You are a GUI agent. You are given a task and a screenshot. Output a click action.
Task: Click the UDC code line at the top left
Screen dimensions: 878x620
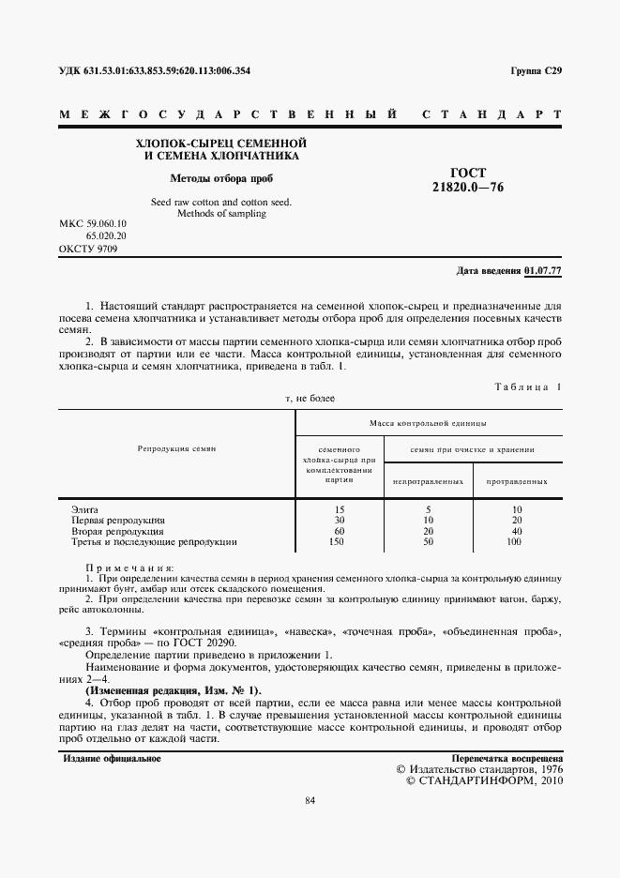154,71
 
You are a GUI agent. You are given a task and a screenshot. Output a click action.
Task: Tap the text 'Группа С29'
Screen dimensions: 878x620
536,71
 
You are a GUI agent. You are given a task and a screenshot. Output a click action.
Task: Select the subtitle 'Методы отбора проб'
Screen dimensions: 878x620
222,177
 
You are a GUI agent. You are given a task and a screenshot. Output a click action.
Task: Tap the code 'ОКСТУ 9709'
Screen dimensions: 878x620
87,249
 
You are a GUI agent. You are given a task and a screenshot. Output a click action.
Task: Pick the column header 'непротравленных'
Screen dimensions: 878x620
429,481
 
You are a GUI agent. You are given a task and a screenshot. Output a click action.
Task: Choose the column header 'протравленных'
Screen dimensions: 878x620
517,481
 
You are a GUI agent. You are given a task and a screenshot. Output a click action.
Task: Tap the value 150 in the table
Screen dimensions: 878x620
340,541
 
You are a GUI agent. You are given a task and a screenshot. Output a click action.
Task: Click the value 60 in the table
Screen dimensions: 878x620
340,531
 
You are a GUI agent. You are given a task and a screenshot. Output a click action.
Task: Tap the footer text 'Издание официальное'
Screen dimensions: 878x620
112,758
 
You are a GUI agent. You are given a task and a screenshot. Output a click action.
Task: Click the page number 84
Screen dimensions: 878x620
310,800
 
